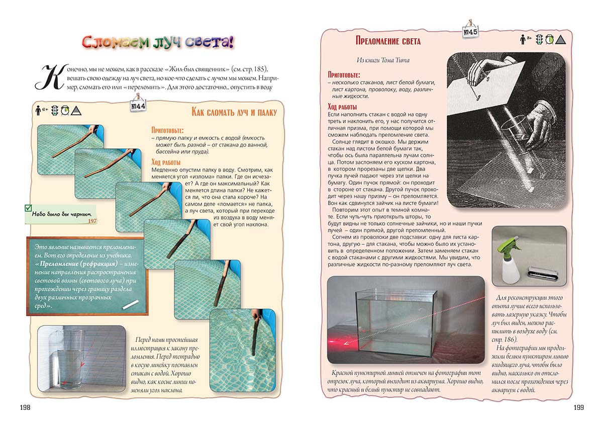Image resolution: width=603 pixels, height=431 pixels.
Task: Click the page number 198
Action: (x=24, y=407)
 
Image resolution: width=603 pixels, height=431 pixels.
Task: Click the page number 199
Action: (x=578, y=407)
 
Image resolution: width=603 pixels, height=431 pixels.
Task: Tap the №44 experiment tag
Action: (x=138, y=106)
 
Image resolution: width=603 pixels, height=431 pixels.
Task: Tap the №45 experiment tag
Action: (x=470, y=32)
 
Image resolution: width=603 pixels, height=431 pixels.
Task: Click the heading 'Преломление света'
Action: (x=381, y=41)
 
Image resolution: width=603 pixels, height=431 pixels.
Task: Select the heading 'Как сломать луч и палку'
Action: (x=235, y=112)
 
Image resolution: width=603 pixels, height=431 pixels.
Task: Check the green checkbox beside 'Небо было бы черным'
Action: (x=28, y=208)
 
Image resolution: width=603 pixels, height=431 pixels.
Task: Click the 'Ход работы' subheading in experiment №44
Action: (x=166, y=162)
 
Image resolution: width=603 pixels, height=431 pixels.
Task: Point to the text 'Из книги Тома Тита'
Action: (x=383, y=60)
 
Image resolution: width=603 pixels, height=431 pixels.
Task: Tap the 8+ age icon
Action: (x=526, y=39)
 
